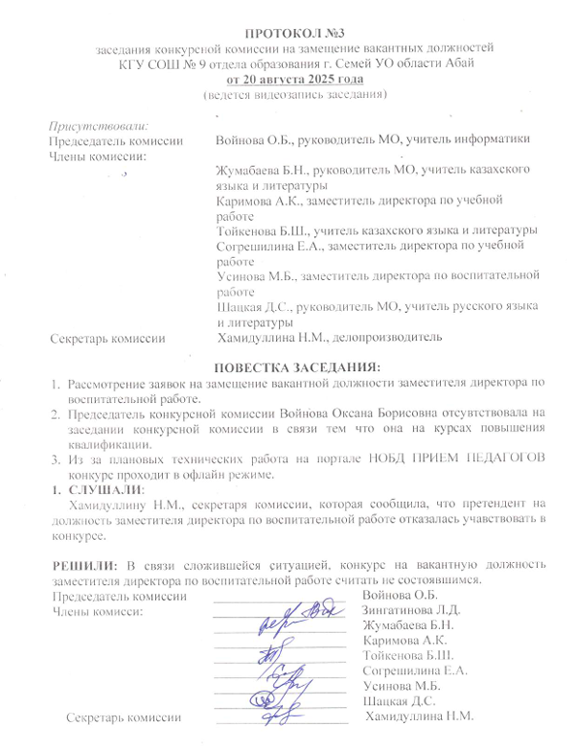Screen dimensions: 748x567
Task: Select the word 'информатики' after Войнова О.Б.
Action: click(x=490, y=140)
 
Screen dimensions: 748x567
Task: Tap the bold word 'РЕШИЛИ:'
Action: click(x=79, y=564)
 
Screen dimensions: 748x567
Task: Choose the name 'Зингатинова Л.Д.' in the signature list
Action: click(x=411, y=609)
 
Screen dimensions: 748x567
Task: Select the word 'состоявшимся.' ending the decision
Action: click(x=422, y=579)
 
